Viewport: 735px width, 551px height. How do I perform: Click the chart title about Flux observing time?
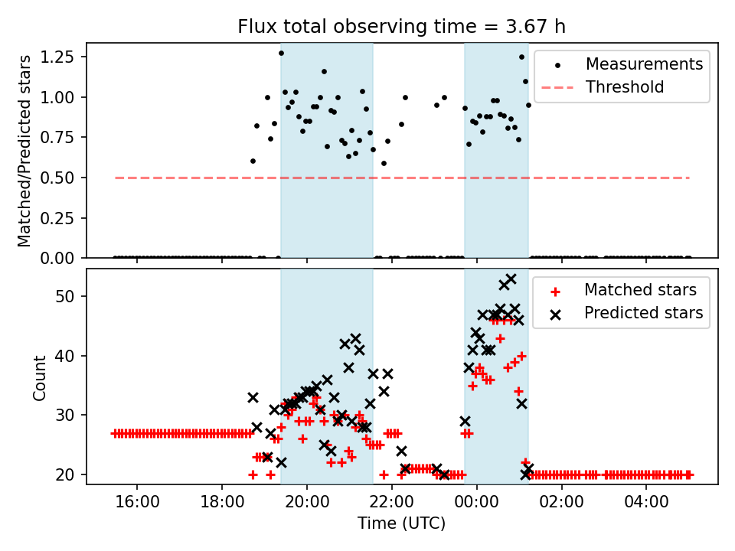click(x=402, y=28)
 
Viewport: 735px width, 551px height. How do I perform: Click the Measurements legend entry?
click(x=644, y=64)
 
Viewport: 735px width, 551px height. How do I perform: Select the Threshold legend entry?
click(x=625, y=87)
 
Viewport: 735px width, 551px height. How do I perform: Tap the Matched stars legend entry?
click(x=640, y=290)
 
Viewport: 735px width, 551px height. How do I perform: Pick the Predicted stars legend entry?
click(x=643, y=312)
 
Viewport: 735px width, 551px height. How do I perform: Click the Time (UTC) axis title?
click(x=401, y=524)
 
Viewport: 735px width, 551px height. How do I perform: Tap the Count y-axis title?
click(x=40, y=377)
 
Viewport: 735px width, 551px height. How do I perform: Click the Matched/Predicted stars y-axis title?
click(x=24, y=151)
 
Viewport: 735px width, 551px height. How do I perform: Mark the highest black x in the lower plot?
click(x=511, y=279)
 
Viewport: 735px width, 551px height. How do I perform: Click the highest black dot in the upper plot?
click(x=281, y=53)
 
